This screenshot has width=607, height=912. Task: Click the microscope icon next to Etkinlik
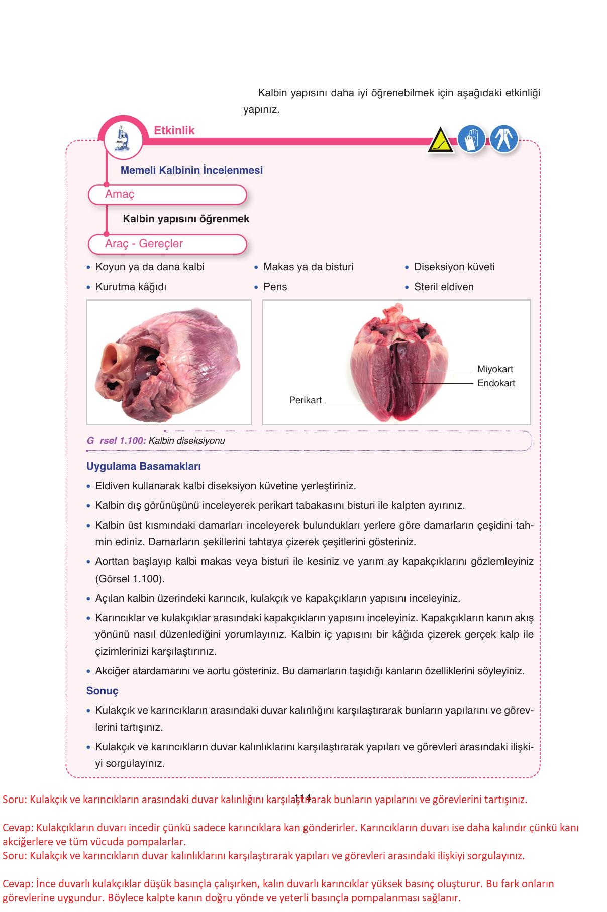(122, 139)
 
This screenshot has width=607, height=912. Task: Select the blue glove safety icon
(471, 139)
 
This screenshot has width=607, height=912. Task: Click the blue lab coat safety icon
(503, 139)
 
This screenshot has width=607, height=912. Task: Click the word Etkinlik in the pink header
(174, 130)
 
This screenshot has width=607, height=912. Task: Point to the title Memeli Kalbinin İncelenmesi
(191, 170)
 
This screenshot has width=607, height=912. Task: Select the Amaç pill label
(120, 194)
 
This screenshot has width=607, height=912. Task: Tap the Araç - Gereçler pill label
(144, 244)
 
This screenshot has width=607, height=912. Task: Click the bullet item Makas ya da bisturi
(308, 267)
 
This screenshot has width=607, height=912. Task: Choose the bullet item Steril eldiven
(443, 287)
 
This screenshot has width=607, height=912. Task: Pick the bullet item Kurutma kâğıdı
(131, 287)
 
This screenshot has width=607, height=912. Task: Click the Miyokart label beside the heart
(495, 369)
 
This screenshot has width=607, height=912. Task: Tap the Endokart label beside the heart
(496, 383)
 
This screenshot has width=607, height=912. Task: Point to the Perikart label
(305, 400)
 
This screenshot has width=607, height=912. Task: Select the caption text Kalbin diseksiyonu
(186, 441)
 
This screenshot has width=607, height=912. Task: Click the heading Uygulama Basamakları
(144, 466)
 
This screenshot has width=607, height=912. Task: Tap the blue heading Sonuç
(102, 691)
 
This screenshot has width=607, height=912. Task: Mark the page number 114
(303, 797)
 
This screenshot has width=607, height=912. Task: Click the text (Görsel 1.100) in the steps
(130, 579)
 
